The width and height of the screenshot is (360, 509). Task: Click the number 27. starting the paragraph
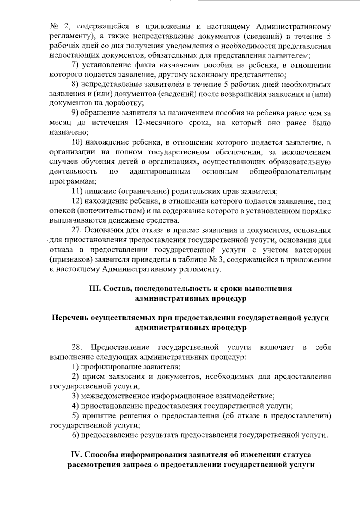[x=77, y=230]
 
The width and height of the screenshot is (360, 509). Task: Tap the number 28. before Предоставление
[x=77, y=347]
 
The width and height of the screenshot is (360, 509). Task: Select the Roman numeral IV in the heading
[x=76, y=454]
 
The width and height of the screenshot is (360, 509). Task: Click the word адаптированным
[x=160, y=172]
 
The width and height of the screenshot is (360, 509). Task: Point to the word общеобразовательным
[x=290, y=172]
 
